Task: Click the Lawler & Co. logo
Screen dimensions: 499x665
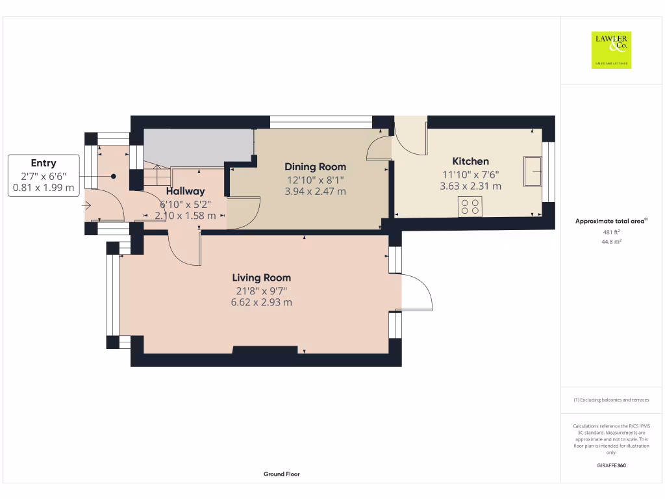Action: pyautogui.click(x=611, y=50)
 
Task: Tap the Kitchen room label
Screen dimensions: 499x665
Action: pyautogui.click(x=470, y=161)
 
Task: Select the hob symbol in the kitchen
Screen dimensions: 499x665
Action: pyautogui.click(x=470, y=207)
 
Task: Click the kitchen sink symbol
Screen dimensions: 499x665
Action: pyautogui.click(x=534, y=172)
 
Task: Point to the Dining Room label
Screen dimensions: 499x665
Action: pyautogui.click(x=315, y=167)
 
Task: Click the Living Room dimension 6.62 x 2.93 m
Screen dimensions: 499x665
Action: pyautogui.click(x=261, y=302)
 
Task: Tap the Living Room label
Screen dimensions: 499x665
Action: pyautogui.click(x=262, y=277)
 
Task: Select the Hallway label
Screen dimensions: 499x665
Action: pyautogui.click(x=185, y=191)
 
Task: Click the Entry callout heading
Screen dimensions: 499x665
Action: pyautogui.click(x=44, y=163)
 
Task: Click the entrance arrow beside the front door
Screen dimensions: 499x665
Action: pyautogui.click(x=87, y=206)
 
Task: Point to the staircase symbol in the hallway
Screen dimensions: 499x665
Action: pyautogui.click(x=157, y=174)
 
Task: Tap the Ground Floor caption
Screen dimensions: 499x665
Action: pyautogui.click(x=281, y=474)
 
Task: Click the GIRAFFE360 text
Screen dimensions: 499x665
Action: pyautogui.click(x=611, y=465)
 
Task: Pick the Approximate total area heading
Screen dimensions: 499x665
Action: pyautogui.click(x=611, y=222)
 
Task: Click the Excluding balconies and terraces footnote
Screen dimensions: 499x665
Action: pyautogui.click(x=611, y=400)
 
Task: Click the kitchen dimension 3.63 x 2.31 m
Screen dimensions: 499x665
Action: pyautogui.click(x=470, y=186)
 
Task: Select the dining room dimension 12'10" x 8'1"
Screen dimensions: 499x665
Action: pyautogui.click(x=315, y=180)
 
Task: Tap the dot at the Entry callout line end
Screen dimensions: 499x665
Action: pyautogui.click(x=113, y=176)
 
